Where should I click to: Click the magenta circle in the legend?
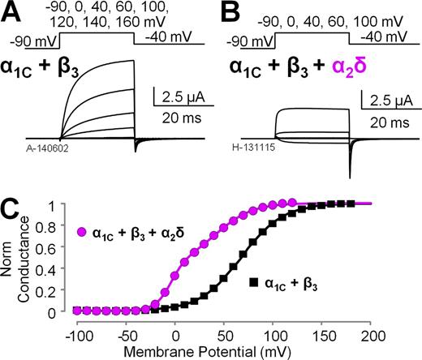click(81, 232)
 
